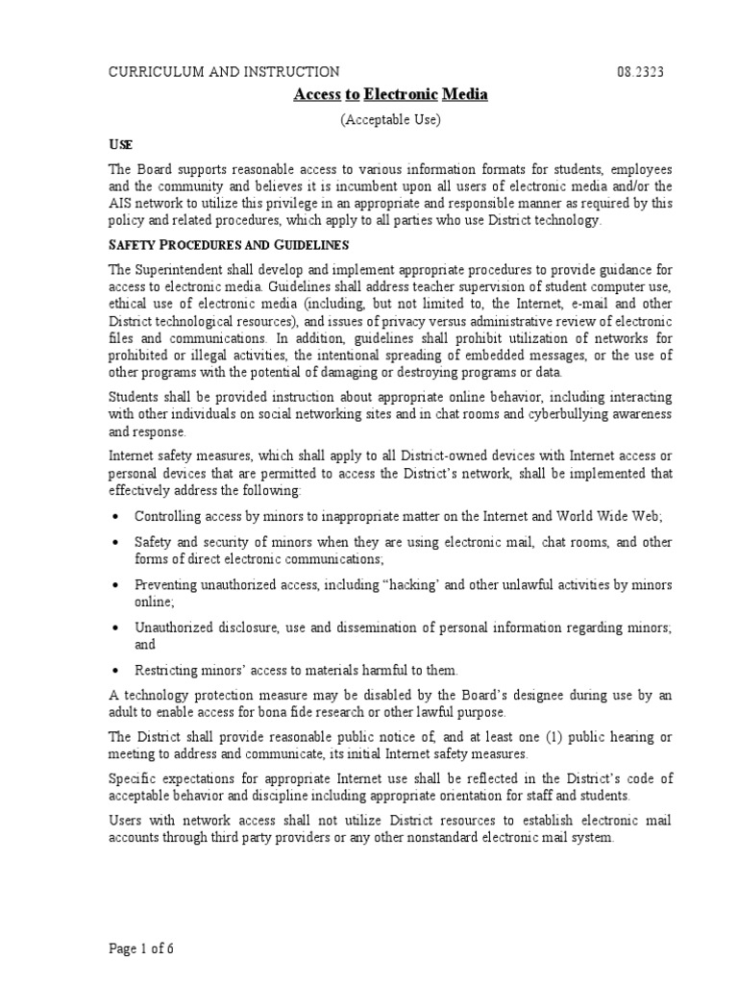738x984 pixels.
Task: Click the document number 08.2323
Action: pyautogui.click(x=639, y=71)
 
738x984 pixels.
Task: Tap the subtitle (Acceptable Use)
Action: pyautogui.click(x=388, y=119)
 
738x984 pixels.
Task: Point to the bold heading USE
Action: pyautogui.click(x=118, y=143)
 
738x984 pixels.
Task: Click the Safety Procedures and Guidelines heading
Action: pyautogui.click(x=227, y=246)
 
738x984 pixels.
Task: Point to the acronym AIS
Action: pyautogui.click(x=121, y=203)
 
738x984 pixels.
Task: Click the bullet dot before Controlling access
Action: pyautogui.click(x=116, y=516)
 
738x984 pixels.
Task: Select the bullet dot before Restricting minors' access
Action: pyautogui.click(x=116, y=670)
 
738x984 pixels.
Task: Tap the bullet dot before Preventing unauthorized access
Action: pyautogui.click(x=116, y=585)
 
